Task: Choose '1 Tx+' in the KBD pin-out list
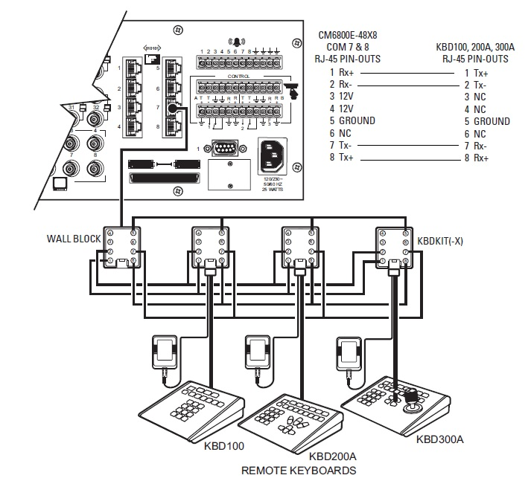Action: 477,73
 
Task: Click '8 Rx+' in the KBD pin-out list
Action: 477,158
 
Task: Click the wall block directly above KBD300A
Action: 392,248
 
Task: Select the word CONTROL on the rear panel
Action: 238,76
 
